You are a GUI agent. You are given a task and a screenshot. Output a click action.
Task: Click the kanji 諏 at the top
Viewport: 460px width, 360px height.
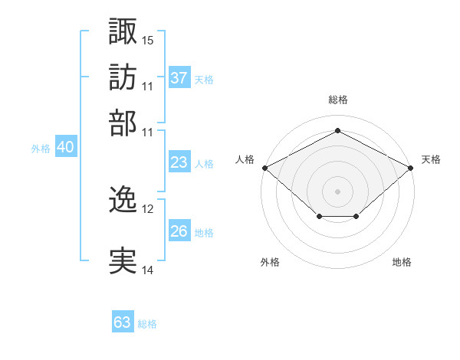pos(123,31)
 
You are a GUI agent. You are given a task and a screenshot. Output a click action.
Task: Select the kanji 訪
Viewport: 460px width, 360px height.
pos(123,77)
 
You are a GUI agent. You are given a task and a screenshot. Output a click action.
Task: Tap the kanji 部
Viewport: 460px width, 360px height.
pos(123,123)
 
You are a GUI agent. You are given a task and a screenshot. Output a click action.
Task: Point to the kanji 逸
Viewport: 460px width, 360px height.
pos(123,198)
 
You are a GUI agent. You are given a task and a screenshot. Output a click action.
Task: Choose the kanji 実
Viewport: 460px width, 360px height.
pos(123,260)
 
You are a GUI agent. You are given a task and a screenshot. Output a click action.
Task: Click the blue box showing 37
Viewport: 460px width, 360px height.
pos(179,77)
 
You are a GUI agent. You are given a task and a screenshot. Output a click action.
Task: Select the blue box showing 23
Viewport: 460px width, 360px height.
pos(179,162)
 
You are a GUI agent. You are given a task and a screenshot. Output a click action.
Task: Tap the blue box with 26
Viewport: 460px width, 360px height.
pos(179,230)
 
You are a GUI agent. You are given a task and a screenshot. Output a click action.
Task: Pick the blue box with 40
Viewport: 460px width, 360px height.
pos(66,146)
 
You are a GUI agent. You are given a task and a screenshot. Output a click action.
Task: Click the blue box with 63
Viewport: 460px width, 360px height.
pos(123,321)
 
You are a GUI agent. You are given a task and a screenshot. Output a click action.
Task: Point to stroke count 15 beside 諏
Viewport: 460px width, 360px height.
pos(147,41)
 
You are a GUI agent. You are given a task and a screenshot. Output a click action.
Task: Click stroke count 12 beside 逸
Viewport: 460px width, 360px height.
pos(147,209)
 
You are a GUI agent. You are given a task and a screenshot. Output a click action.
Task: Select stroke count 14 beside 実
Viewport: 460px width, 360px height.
pos(147,270)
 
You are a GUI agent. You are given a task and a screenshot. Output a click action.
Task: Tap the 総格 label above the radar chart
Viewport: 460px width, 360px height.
pos(338,100)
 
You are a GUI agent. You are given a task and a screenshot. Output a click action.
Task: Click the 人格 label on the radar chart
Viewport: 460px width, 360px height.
pos(245,159)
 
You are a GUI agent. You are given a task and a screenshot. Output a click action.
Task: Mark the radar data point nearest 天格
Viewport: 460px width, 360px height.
pos(410,168)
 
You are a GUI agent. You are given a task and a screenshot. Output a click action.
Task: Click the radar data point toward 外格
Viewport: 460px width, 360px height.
pos(320,216)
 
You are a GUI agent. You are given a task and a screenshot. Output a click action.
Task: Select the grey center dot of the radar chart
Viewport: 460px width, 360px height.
pos(337,191)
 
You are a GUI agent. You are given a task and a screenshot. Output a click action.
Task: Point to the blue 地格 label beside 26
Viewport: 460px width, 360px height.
pos(204,233)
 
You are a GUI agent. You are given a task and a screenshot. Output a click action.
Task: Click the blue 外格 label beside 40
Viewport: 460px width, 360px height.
pos(41,149)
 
